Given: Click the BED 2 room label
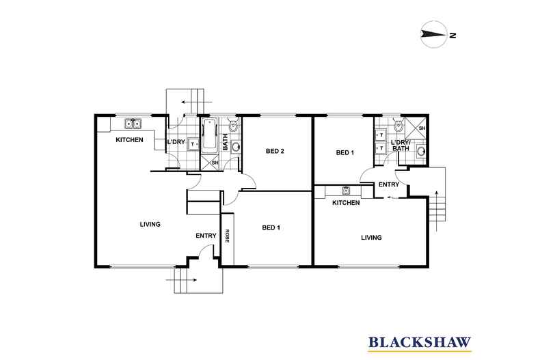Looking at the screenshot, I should [275, 151].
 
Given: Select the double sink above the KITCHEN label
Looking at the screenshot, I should [132, 124].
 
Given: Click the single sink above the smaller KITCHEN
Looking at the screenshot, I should [347, 190].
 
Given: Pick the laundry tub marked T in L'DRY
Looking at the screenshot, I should [193, 144].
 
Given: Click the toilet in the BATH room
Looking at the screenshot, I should [233, 126].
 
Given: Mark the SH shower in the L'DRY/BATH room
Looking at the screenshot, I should [416, 127].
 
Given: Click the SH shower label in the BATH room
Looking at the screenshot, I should [215, 163].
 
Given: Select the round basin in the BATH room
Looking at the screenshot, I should [235, 146].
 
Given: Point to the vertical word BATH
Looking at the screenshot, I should [225, 143].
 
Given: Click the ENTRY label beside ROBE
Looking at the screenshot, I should [206, 236].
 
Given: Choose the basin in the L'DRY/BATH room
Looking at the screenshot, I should [421, 150].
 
